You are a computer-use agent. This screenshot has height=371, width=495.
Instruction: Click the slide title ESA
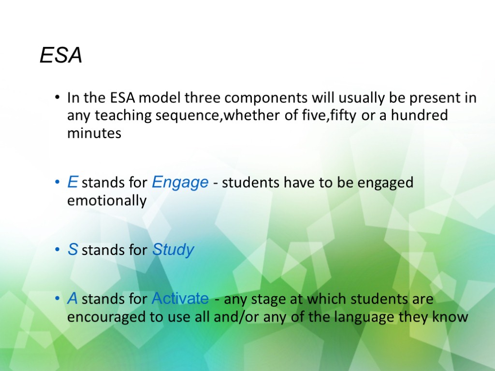60,56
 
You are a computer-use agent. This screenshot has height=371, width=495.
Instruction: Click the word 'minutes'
94,133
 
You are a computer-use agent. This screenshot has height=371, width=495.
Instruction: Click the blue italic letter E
73,183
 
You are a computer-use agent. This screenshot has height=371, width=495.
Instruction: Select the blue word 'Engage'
180,183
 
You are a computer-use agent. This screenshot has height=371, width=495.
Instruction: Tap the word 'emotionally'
107,201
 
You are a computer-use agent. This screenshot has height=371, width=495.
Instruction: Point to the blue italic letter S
73,250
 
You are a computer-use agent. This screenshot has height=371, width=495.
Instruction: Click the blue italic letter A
73,299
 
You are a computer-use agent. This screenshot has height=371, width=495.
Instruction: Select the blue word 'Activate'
180,299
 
